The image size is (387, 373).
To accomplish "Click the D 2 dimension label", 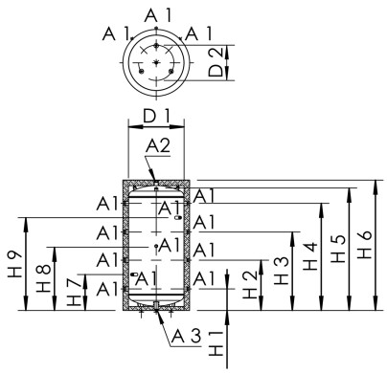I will (x=217, y=59).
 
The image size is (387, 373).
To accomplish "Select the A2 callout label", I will (x=159, y=145).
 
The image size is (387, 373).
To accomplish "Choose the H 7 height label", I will (x=76, y=295).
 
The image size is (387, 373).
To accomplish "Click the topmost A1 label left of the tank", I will (x=108, y=204).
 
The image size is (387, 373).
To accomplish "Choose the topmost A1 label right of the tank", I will (x=204, y=196).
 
